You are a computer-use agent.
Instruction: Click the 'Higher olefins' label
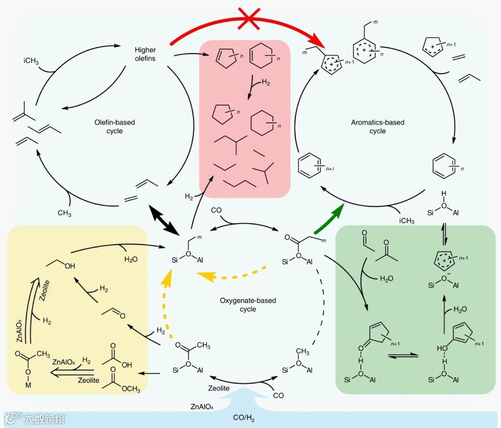(x=145, y=54)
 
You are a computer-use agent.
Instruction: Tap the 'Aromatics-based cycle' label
(x=378, y=127)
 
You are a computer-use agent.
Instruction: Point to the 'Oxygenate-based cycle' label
(x=248, y=305)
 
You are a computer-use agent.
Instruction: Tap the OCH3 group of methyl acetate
(x=130, y=389)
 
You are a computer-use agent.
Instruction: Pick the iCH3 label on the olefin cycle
(x=31, y=61)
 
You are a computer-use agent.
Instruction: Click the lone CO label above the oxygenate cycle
(x=216, y=210)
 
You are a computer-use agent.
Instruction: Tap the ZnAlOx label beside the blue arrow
(x=202, y=407)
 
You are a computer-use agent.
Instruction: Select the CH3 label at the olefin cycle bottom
(x=64, y=213)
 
